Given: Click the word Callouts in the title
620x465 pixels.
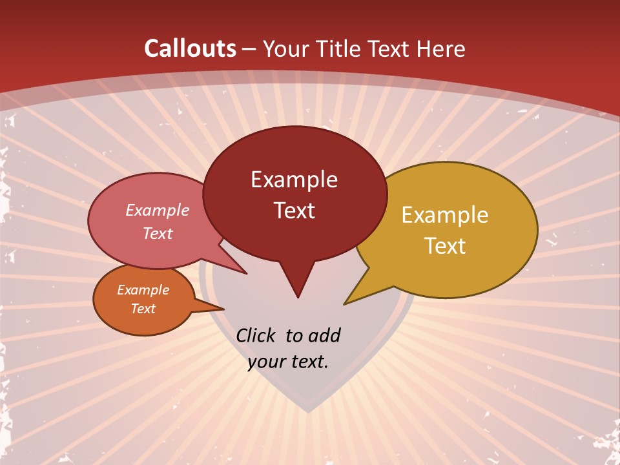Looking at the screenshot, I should (x=190, y=48).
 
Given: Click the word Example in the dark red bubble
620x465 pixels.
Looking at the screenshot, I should (x=294, y=180).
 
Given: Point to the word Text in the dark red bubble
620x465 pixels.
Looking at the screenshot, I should (x=294, y=210).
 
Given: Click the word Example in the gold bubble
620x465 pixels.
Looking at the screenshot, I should (x=444, y=215).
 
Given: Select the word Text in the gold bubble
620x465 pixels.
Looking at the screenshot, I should (x=445, y=245).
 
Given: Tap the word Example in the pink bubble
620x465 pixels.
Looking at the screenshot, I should (x=157, y=210).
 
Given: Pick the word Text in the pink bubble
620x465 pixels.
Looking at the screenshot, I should (x=157, y=233).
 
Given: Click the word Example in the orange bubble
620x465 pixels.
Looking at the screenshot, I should (x=143, y=290).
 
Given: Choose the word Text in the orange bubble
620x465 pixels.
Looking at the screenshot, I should (x=143, y=309).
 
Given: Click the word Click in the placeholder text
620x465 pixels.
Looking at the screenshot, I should (x=256, y=335).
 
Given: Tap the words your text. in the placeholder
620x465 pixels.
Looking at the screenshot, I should (x=288, y=362).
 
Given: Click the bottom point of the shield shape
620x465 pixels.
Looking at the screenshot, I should (x=309, y=411).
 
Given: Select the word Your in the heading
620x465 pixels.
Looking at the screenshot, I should (x=286, y=48).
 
